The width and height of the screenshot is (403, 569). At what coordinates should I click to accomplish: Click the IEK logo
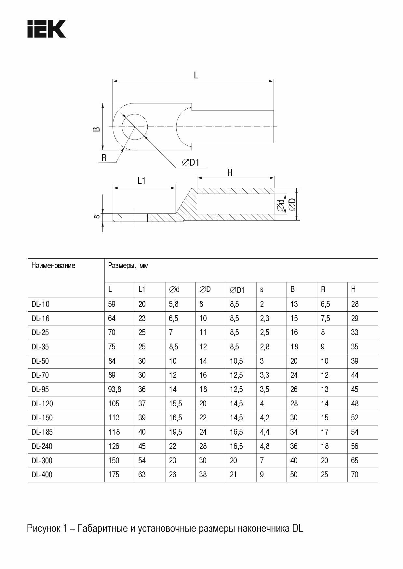tap(47, 29)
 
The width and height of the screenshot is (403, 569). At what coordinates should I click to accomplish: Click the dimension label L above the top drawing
tap(196, 75)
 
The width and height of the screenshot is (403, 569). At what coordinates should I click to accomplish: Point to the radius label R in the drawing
tap(104, 158)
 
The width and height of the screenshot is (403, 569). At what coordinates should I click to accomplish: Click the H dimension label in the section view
tap(230, 173)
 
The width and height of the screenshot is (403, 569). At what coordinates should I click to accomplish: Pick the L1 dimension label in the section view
tap(141, 181)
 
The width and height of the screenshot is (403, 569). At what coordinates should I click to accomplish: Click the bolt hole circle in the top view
tap(135, 127)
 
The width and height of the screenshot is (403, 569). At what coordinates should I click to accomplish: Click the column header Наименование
tap(53, 265)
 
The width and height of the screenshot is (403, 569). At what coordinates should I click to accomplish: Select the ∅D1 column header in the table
tap(237, 290)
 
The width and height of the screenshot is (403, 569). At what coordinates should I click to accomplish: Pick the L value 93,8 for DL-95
tap(114, 389)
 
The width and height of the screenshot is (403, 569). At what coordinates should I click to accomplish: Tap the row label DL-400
tap(42, 475)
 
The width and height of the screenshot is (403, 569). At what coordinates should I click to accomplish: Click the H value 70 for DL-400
tap(355, 475)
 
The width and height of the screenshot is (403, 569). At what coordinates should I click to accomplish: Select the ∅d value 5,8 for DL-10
tap(173, 304)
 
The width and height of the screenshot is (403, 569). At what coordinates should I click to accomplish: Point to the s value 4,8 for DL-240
tap(265, 446)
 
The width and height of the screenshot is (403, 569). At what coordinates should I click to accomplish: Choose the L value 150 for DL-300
tap(114, 461)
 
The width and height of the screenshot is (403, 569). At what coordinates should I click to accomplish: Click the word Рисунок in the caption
tap(43, 528)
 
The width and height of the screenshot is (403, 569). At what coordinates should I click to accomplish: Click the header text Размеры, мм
tap(128, 265)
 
